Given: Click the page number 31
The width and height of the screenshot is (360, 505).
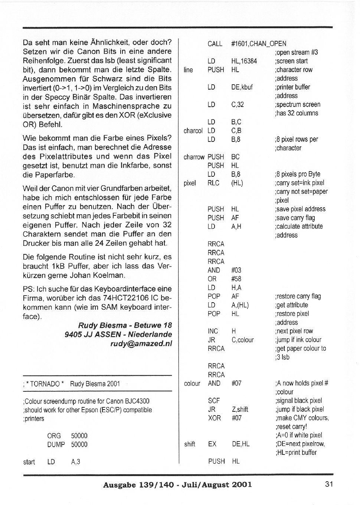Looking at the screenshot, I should tap(329, 484).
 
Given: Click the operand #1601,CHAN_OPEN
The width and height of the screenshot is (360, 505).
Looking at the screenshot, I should tap(258, 44).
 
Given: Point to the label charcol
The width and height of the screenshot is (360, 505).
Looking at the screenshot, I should tap(193, 131).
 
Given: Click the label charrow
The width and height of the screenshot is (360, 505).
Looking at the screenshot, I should tap(194, 157).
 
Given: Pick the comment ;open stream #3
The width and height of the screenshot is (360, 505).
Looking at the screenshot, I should tap(296, 52).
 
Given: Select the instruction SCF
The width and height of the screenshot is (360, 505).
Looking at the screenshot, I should tap(214, 401).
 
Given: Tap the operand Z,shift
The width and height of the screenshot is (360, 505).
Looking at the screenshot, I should tap(240, 409).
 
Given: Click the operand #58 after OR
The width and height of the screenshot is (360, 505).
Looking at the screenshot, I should tap(236, 279).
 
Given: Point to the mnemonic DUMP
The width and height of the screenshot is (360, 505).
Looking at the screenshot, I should tap(56, 444).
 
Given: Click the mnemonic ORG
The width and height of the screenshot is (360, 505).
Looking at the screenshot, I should tap(54, 436).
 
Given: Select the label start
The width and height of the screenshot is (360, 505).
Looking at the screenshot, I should tap(29, 462).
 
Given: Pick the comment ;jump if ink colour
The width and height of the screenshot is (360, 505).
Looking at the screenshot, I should tap(298, 340).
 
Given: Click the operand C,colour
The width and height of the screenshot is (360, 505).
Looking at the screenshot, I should tap(242, 340).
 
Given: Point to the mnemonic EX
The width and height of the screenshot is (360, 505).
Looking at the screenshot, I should tap(212, 444).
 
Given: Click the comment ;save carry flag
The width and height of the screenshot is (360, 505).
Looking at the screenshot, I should tap(295, 218).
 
